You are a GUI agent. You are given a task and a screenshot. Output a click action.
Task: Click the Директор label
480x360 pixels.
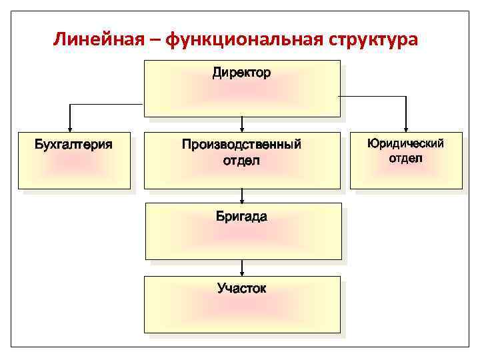241,73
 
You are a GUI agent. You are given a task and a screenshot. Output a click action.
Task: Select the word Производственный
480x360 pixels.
241,144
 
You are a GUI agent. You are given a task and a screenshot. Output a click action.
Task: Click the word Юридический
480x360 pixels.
405,143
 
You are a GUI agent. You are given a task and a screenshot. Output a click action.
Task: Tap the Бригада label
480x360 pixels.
241,217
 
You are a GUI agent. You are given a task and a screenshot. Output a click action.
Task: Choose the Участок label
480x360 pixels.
241,289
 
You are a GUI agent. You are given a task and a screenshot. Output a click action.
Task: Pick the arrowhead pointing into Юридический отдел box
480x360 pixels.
405,127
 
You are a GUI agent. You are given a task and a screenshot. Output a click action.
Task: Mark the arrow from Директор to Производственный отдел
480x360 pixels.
242,124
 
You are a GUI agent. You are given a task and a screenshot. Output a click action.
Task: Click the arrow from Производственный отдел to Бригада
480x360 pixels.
242,196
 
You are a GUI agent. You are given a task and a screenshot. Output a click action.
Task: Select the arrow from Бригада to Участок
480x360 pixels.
242,268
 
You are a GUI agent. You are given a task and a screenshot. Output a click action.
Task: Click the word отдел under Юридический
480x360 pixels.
405,159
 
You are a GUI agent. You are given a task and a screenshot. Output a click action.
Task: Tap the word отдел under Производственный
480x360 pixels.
241,161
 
